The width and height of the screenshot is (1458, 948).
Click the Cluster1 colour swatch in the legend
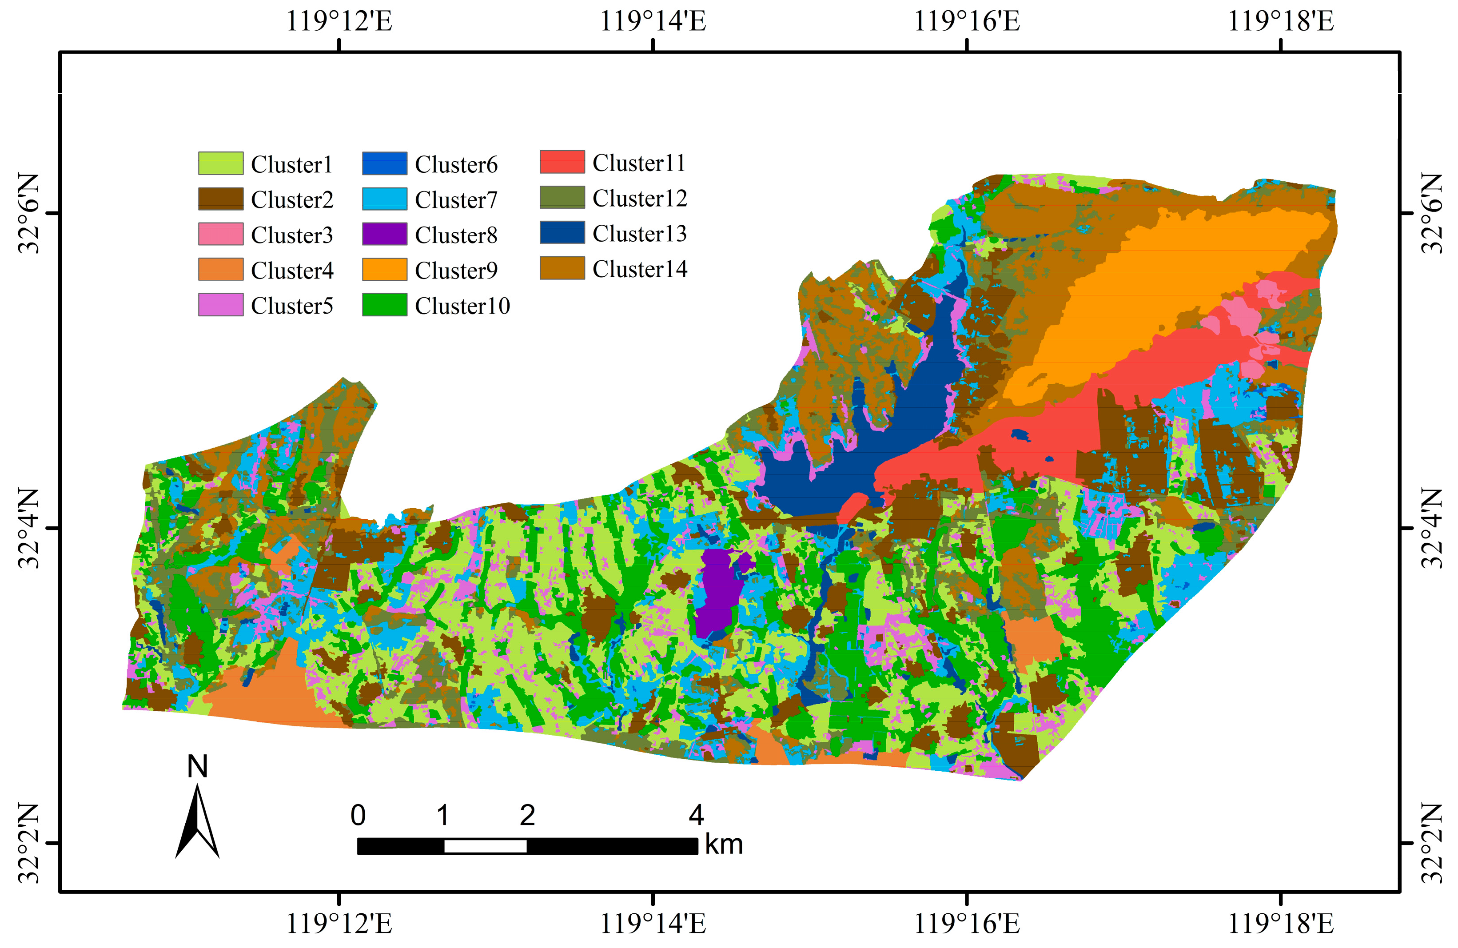coord(220,163)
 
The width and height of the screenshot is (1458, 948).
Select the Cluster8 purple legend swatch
coord(384,234)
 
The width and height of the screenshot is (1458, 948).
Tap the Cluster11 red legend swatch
coord(562,162)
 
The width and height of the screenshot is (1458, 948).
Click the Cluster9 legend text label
coord(456,270)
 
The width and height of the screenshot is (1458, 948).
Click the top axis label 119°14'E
coord(653,21)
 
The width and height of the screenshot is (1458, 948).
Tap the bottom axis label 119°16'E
coord(967,924)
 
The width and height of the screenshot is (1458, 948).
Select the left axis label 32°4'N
coord(28,528)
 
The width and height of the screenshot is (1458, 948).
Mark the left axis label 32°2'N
coord(28,843)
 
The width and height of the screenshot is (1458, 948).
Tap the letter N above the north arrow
coord(197,766)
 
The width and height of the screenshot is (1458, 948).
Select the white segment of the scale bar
coord(485,846)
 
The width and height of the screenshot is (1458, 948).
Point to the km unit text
coord(724,844)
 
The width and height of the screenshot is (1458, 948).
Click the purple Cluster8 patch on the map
coord(718,591)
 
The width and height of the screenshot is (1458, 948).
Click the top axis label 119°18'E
coord(1280,21)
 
